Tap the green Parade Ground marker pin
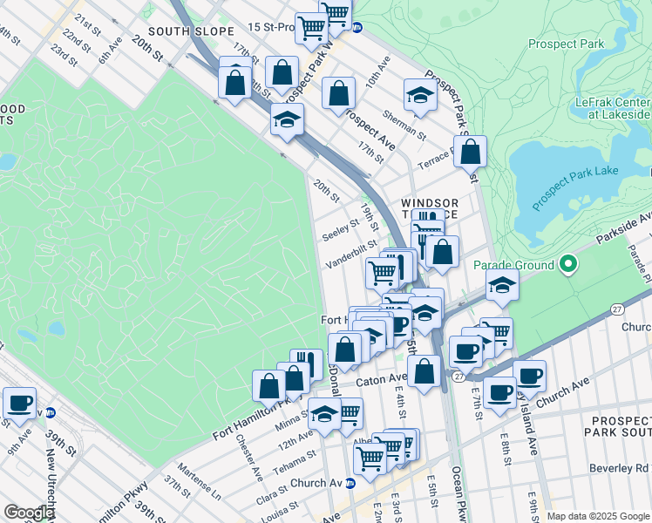(x=568, y=264)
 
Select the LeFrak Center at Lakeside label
(x=613, y=108)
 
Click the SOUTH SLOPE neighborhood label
(x=181, y=31)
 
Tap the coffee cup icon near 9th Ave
(x=19, y=404)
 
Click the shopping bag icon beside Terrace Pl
(x=470, y=153)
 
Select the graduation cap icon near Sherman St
(x=420, y=96)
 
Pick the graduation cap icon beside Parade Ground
(x=502, y=286)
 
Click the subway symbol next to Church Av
(x=350, y=483)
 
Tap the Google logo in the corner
(x=28, y=512)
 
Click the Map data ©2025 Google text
(x=597, y=516)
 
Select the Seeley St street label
(x=340, y=231)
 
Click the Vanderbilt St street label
(x=351, y=255)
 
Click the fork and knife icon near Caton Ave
(x=306, y=365)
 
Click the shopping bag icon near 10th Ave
(x=338, y=93)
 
